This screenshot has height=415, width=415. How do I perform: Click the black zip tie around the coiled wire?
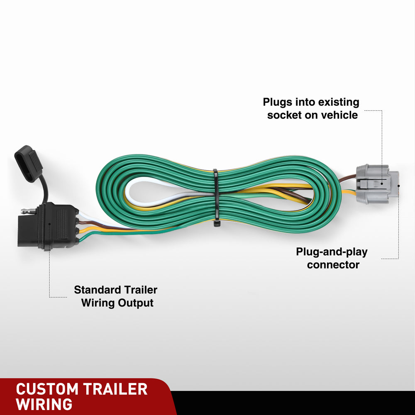[x=215, y=198]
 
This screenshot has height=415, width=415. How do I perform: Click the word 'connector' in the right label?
[x=333, y=264]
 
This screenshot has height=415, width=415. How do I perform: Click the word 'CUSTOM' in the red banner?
[x=47, y=389]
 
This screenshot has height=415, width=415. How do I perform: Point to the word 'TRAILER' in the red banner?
[x=115, y=389]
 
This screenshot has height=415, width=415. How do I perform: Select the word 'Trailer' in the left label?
[x=141, y=290]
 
